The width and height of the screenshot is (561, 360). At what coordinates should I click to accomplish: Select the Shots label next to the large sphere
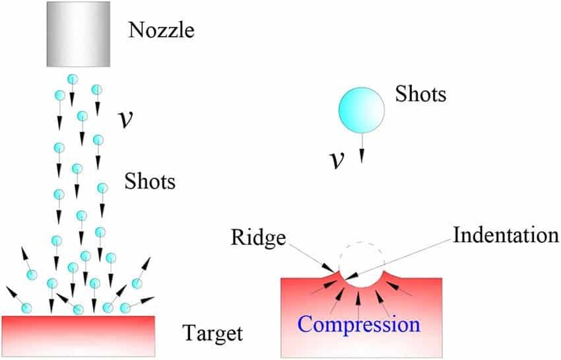pyautogui.click(x=420, y=94)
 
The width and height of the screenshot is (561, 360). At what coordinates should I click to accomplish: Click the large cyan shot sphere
pyautogui.click(x=361, y=108)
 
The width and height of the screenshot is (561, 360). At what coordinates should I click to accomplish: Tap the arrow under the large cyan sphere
pyautogui.click(x=362, y=147)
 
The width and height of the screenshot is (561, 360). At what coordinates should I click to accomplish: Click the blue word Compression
pyautogui.click(x=358, y=325)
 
